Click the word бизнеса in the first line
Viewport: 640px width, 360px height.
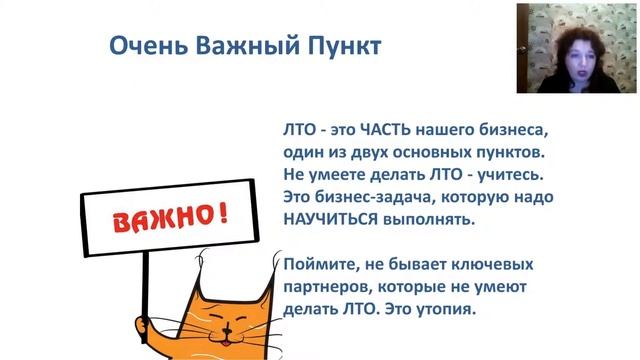click(x=518, y=132)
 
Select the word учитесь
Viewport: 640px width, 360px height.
click(x=506, y=175)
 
